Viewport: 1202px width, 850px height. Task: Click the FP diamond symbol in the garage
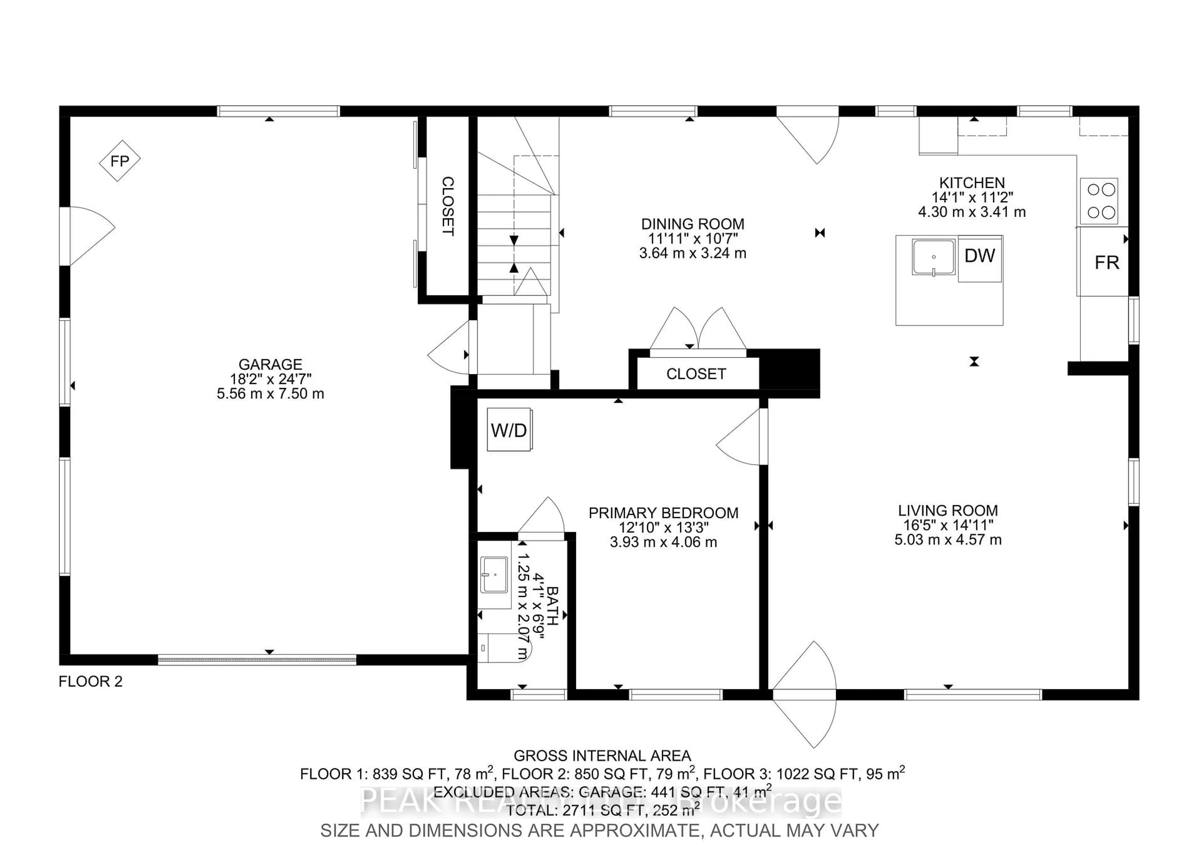(x=120, y=161)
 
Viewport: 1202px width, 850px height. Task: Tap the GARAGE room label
(x=270, y=365)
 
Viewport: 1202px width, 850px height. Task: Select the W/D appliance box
(x=509, y=430)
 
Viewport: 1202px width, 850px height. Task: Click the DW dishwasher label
(x=979, y=256)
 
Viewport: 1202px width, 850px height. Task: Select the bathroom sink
(x=494, y=575)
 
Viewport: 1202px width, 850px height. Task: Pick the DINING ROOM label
(x=693, y=224)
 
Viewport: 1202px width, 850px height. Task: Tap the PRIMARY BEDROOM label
(x=663, y=513)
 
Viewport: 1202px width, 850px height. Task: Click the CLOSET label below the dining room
(x=696, y=374)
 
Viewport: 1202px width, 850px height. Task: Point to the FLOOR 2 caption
(x=90, y=682)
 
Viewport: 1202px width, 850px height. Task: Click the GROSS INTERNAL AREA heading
(x=602, y=756)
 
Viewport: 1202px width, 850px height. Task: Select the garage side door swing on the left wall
(x=89, y=236)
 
